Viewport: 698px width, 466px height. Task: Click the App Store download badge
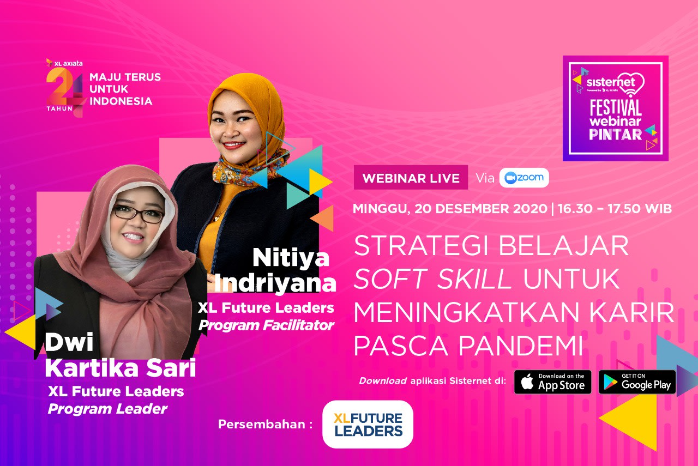[552, 382]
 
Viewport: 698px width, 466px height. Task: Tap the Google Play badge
[637, 382]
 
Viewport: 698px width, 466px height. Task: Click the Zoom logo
[524, 178]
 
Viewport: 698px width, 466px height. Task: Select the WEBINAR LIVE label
[411, 178]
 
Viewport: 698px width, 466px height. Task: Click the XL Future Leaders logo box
[368, 424]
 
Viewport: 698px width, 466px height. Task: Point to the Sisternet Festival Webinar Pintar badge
[616, 108]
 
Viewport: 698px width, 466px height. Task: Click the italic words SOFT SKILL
[433, 279]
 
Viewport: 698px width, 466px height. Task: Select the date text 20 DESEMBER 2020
[481, 209]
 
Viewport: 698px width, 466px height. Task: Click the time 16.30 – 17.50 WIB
[615, 209]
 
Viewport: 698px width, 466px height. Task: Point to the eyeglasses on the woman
[139, 214]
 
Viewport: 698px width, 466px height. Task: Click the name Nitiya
[291, 258]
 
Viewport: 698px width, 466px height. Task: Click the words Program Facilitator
[266, 325]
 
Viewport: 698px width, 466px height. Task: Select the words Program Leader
[107, 409]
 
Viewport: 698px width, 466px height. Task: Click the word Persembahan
[262, 424]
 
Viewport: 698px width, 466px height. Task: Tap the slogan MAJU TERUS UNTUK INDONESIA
[125, 89]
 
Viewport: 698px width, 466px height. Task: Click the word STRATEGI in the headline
[422, 246]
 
